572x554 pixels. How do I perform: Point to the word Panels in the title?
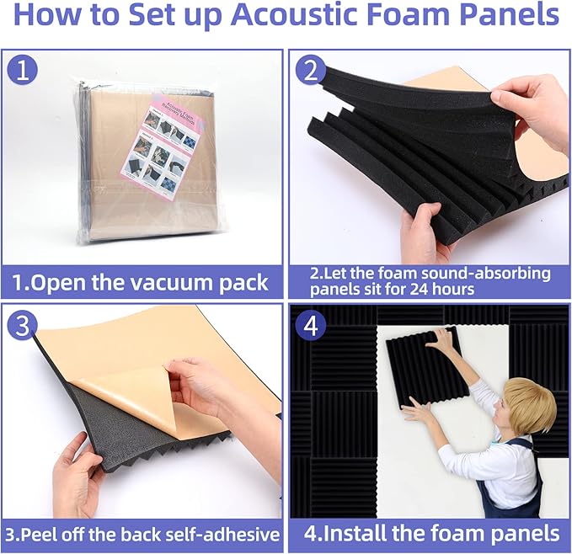pyautogui.click(x=504, y=16)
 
